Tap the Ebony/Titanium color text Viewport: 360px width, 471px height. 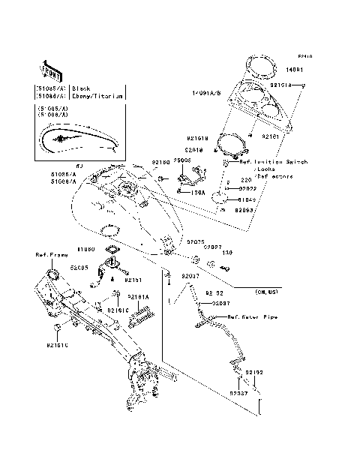click(x=94, y=96)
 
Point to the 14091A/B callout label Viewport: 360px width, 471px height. click(x=205, y=93)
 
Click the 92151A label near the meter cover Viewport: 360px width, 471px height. click(x=282, y=86)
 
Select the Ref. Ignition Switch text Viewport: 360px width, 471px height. click(x=262, y=162)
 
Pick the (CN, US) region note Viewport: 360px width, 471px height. click(x=266, y=290)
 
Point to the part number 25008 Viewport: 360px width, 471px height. click(x=182, y=160)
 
